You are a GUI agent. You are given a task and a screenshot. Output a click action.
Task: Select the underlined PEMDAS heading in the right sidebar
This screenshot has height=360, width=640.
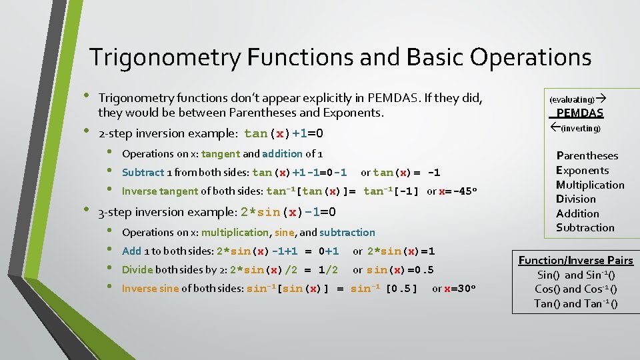(x=579, y=113)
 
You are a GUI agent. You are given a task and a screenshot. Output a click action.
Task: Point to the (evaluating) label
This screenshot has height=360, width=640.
(x=571, y=99)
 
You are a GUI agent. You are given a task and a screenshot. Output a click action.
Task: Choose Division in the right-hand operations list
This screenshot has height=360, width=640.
(x=576, y=199)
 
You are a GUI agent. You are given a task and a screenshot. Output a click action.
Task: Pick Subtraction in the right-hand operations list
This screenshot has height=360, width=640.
(x=585, y=227)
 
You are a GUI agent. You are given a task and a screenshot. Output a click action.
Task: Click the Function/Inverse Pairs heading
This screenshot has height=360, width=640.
(x=575, y=260)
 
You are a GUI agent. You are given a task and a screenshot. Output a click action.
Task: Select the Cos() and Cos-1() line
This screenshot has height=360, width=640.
(x=575, y=289)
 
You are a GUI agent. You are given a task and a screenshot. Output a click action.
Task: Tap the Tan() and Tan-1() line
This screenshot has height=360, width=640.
(x=575, y=303)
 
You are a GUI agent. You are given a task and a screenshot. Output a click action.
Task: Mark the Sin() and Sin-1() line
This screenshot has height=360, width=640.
(x=575, y=275)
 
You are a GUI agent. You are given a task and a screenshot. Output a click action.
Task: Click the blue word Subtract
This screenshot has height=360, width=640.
(x=143, y=173)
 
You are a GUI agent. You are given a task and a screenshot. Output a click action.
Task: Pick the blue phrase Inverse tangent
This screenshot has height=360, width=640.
(x=160, y=191)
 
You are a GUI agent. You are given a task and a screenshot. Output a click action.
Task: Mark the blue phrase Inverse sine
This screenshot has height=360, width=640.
(x=151, y=289)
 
